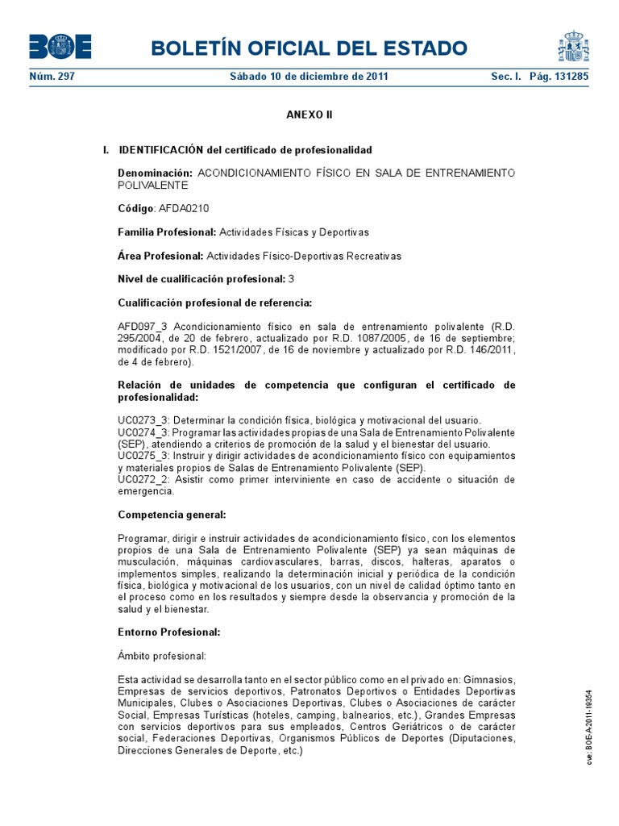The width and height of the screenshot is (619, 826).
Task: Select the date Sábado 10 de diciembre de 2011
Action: click(309, 77)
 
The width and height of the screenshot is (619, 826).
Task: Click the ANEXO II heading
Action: click(309, 115)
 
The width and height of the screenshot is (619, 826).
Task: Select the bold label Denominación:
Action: click(155, 173)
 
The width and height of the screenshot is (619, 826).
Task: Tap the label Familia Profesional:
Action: click(167, 232)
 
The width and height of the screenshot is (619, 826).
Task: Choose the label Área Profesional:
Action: click(160, 256)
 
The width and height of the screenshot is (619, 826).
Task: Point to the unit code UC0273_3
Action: click(143, 421)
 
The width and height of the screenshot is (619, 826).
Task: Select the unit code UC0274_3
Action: click(143, 433)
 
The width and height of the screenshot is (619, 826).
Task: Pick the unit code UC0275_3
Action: click(143, 457)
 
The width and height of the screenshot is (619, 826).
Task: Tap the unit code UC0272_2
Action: click(143, 479)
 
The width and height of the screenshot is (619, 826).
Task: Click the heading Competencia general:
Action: click(172, 514)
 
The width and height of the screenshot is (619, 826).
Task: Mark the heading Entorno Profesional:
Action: click(168, 632)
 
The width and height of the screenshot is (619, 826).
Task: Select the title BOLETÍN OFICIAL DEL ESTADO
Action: click(309, 48)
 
